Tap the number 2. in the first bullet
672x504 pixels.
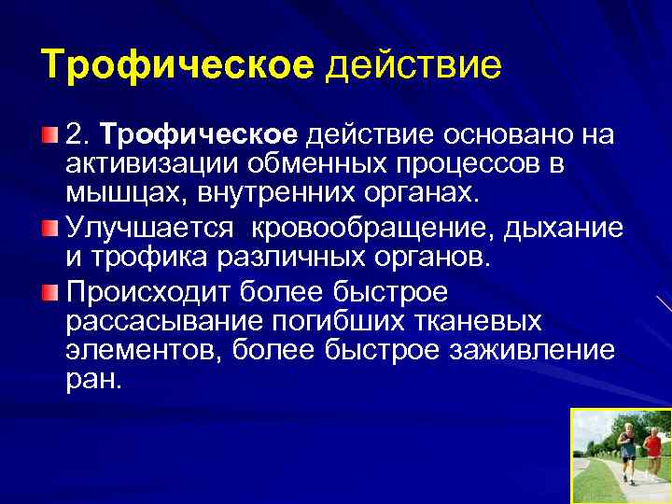[x=80, y=136]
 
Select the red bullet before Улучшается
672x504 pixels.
[x=49, y=228]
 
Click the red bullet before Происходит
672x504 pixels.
[x=49, y=293]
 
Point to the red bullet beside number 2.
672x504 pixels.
[x=49, y=136]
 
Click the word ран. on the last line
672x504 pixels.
[x=94, y=381]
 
